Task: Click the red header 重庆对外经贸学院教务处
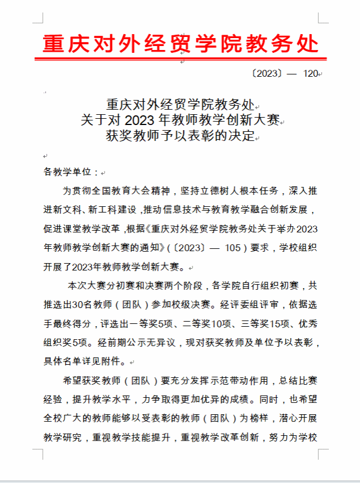click(181, 43)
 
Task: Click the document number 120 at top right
click(311, 74)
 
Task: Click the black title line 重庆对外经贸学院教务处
click(180, 105)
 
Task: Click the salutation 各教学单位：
click(71, 172)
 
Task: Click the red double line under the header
click(181, 57)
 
